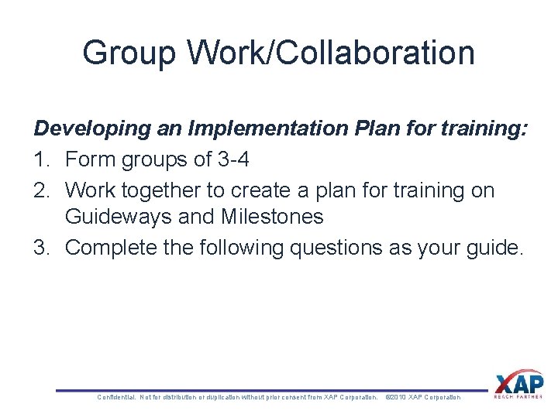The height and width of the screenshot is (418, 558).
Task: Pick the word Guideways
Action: pos(119,217)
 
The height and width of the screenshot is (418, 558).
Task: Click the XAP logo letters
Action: pos(518,383)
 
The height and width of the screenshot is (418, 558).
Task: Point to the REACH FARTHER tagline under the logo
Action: pos(518,396)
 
